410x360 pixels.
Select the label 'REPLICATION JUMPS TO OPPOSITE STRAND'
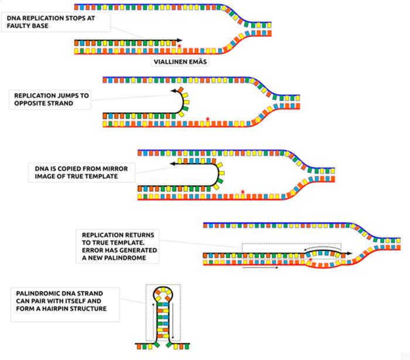coord(47,99)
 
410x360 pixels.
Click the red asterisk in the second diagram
coord(208,120)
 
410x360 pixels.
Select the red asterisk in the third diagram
coord(242,192)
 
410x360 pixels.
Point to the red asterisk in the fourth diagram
coord(310,258)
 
